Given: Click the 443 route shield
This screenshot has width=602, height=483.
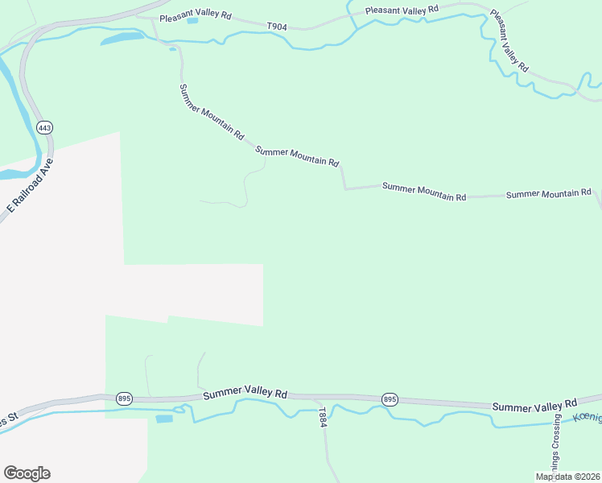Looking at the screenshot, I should pyautogui.click(x=45, y=128).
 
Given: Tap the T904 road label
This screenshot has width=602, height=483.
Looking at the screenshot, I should pyautogui.click(x=277, y=27).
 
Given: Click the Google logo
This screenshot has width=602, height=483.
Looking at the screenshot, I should pyautogui.click(x=27, y=473).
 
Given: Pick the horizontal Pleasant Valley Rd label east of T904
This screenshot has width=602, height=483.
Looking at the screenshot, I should pyautogui.click(x=402, y=10).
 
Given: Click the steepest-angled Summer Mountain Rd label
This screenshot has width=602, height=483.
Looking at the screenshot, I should pyautogui.click(x=211, y=113).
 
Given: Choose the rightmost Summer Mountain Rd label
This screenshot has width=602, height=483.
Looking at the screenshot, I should pyautogui.click(x=549, y=194).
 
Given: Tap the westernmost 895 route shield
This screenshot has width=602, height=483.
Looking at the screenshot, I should pyautogui.click(x=124, y=398).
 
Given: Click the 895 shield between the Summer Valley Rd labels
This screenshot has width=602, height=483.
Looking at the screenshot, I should pyautogui.click(x=390, y=399).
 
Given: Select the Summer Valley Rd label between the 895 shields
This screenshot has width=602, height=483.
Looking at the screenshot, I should pyautogui.click(x=245, y=394).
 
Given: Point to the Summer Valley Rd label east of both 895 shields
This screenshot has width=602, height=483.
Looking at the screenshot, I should pyautogui.click(x=535, y=404).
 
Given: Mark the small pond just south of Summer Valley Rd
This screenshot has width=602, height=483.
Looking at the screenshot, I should pyautogui.click(x=164, y=419).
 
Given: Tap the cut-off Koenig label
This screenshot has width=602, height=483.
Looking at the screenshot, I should pyautogui.click(x=587, y=418).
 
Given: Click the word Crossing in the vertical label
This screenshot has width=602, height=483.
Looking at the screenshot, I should pyautogui.click(x=555, y=436).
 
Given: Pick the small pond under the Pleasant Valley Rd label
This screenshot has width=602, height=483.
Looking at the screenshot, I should pyautogui.click(x=192, y=21).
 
